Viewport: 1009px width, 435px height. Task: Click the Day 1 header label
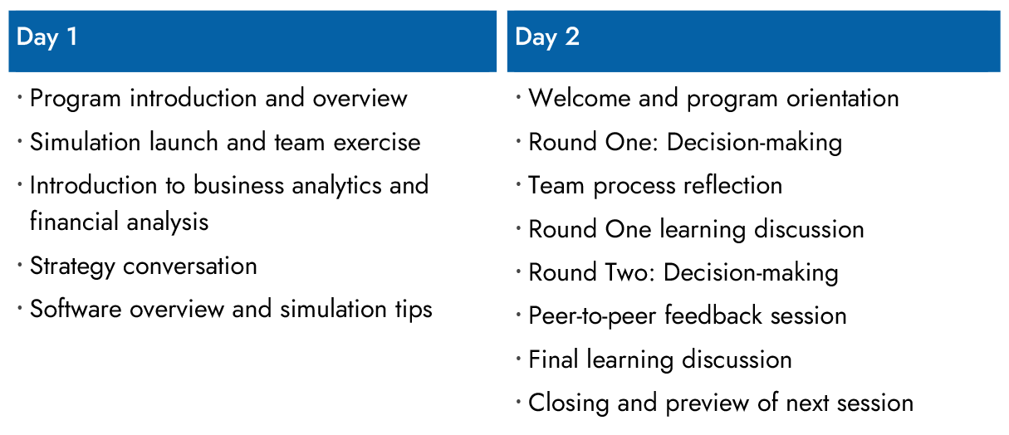click(x=47, y=37)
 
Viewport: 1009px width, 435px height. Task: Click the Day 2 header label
click(x=546, y=37)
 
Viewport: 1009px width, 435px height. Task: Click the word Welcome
click(x=580, y=98)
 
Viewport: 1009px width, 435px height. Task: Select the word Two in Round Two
click(x=627, y=272)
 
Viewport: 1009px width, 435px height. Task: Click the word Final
click(x=553, y=359)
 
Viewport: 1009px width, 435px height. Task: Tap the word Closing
click(x=567, y=403)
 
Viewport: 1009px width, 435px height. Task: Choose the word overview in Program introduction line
click(x=360, y=98)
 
